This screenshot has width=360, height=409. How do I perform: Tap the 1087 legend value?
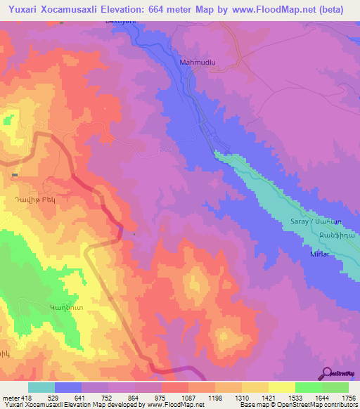tap(188, 398)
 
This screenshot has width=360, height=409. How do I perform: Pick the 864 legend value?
tap(134, 398)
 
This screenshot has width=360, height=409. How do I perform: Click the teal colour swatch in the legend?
tap(41, 387)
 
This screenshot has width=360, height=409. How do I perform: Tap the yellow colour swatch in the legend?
tap(281, 387)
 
